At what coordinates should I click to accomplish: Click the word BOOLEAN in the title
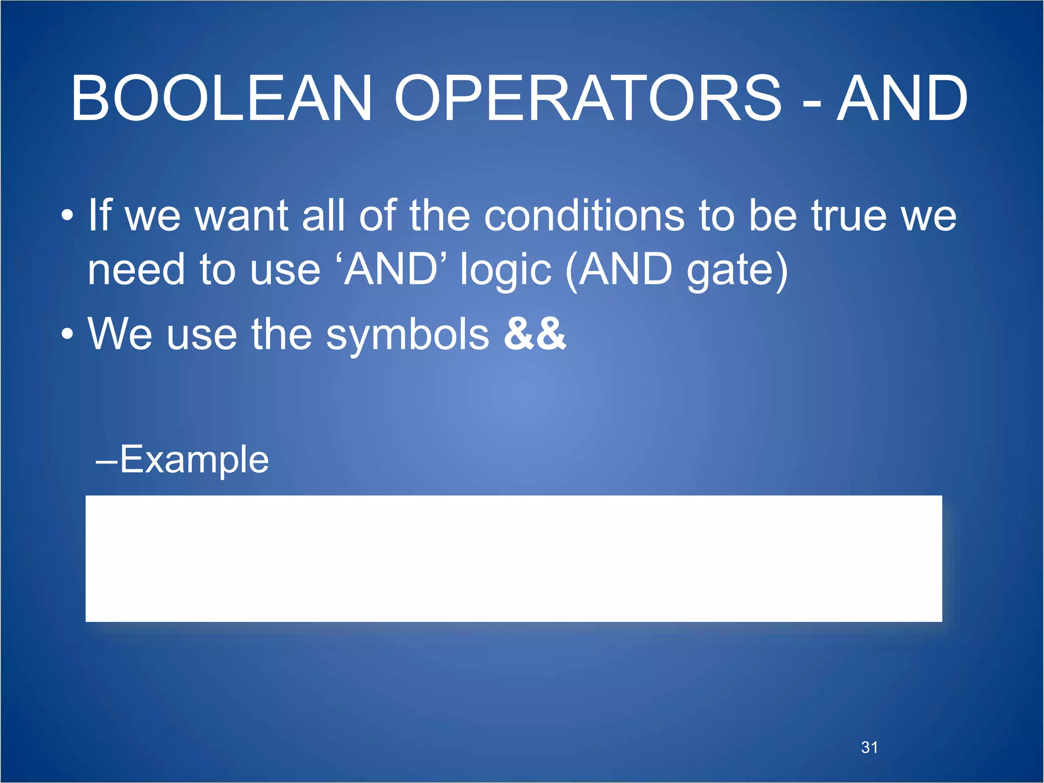(x=221, y=98)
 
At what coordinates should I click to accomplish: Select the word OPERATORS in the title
(x=587, y=98)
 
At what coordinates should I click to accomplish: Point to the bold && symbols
(x=535, y=334)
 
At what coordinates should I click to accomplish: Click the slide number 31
(x=869, y=747)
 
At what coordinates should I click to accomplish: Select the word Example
(x=194, y=460)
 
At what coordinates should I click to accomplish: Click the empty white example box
(x=513, y=558)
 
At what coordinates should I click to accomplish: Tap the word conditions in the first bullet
(x=584, y=216)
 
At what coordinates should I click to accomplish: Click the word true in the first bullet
(x=849, y=216)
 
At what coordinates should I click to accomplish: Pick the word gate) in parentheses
(x=737, y=271)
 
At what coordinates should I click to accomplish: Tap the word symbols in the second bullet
(x=407, y=335)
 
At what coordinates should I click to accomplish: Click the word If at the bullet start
(x=99, y=215)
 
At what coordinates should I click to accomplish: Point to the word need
(x=136, y=270)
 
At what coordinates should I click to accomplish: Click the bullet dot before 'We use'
(x=67, y=335)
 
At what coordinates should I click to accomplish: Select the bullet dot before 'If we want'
(x=67, y=216)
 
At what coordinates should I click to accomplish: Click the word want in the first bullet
(x=242, y=216)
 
